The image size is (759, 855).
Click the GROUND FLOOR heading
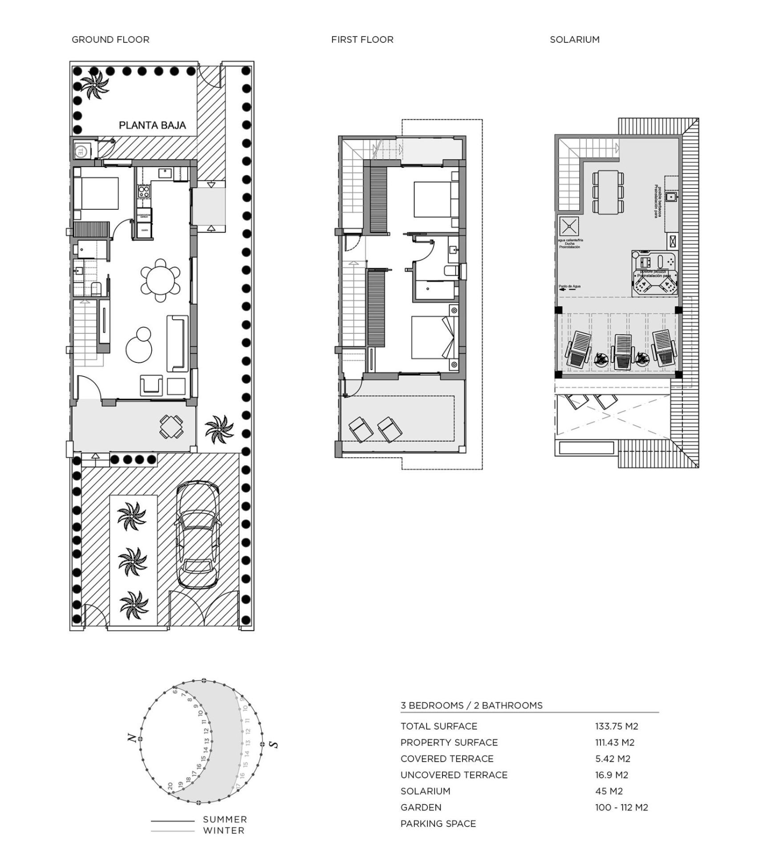[110, 40]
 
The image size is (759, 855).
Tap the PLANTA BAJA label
[152, 126]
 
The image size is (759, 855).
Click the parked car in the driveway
[198, 534]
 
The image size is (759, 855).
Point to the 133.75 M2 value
[617, 726]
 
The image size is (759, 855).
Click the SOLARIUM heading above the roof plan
[575, 40]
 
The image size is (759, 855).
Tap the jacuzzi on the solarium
[654, 273]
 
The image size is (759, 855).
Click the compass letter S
[274, 744]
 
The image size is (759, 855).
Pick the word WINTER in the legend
[224, 831]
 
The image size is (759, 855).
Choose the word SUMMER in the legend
[225, 819]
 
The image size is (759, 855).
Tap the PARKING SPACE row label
[438, 824]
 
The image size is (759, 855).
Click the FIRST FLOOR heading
[362, 40]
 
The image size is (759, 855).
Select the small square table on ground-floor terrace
[171, 426]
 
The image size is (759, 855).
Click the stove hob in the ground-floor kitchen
[144, 192]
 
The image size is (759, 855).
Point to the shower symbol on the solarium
[569, 226]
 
